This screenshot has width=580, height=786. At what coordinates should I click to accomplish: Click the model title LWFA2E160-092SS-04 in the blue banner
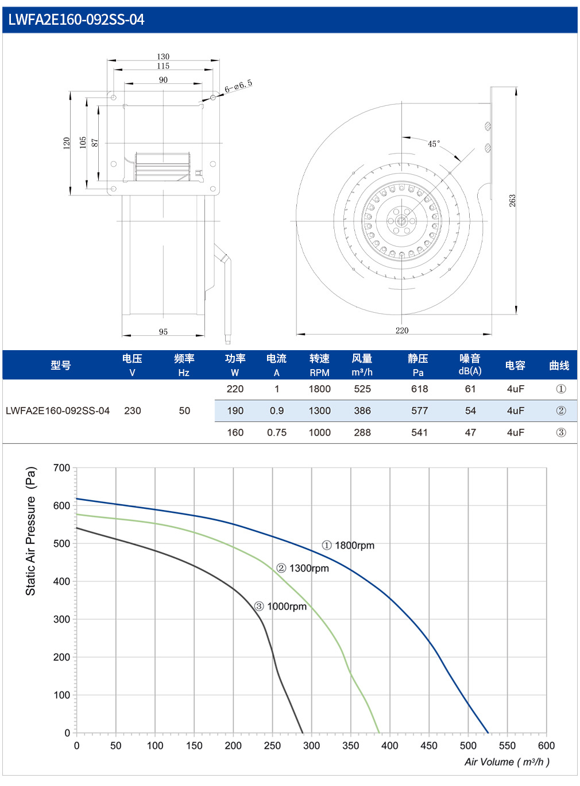point(76,20)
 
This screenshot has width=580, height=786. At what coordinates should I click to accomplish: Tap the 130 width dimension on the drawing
point(163,56)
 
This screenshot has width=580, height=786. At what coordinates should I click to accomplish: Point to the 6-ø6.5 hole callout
point(238,86)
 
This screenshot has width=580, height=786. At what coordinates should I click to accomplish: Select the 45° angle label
point(434,144)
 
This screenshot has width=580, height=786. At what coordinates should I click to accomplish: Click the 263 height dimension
point(512,201)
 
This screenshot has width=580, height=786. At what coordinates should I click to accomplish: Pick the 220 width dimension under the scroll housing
point(402,330)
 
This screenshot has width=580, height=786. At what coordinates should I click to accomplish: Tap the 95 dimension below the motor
point(163,332)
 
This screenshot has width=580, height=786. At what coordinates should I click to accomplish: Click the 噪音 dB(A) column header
point(470,365)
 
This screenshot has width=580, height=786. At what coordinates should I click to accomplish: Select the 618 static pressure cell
point(419,389)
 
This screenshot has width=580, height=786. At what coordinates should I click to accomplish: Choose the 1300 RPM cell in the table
point(319,411)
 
